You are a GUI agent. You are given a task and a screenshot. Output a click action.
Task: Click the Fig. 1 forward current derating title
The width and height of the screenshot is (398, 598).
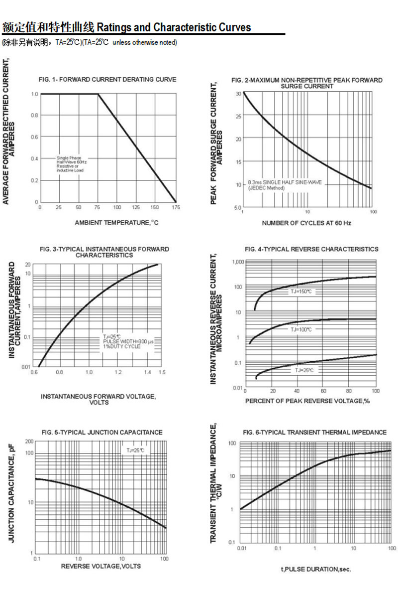[x=107, y=79]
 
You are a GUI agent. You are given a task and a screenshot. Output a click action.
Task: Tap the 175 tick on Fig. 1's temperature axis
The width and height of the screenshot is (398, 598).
[x=175, y=207]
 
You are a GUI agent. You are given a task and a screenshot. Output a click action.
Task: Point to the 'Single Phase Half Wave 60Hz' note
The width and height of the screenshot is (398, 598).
[x=70, y=164]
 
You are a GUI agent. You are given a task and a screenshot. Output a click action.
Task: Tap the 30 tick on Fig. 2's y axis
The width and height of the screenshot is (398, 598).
[x=238, y=94]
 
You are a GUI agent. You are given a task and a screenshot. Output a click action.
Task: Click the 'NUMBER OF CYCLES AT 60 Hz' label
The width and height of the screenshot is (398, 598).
[x=306, y=223]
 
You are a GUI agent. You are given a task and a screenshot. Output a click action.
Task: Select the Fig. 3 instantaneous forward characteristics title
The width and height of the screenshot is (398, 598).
[x=104, y=252]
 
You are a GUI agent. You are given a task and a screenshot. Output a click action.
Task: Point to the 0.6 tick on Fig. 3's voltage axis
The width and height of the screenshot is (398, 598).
[x=35, y=372]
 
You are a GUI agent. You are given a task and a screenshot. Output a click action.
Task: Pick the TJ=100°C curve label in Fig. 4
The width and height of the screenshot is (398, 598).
[x=301, y=329]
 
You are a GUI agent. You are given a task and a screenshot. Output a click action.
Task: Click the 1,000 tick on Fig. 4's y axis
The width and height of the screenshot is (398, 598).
[x=236, y=262]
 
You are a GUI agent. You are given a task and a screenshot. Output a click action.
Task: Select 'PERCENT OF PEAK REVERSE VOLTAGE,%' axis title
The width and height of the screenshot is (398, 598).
[x=307, y=401]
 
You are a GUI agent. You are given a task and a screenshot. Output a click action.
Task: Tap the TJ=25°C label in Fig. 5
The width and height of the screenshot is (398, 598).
[x=135, y=450]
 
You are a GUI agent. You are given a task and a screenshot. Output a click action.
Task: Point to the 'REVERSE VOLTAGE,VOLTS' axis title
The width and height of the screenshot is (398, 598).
[x=101, y=566]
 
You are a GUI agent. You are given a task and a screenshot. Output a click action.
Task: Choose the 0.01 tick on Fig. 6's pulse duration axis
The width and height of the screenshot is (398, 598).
[x=241, y=548]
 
